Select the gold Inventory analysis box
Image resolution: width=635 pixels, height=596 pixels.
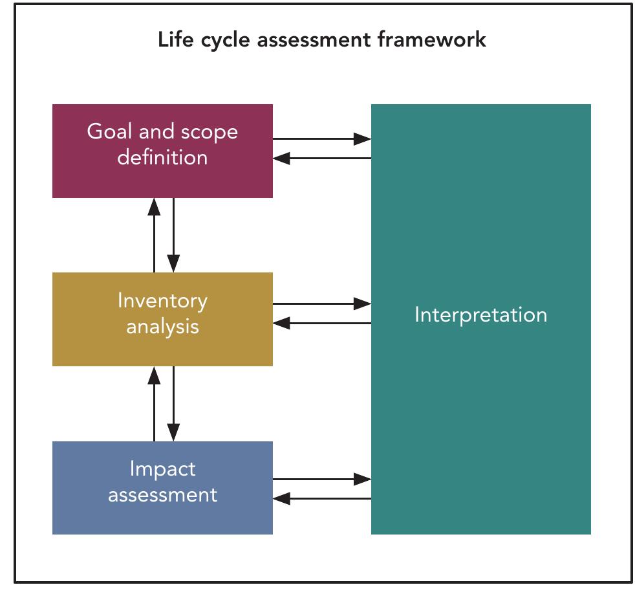(162, 349)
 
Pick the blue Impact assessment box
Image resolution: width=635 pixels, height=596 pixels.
(162, 518)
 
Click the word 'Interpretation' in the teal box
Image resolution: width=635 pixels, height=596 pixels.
(480, 315)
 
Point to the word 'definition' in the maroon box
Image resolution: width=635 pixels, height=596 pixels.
(162, 157)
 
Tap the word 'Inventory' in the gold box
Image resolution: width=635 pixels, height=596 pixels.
(162, 301)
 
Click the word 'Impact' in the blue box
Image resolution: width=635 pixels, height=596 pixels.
(162, 469)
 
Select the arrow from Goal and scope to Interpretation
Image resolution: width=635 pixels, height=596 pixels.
(321, 138)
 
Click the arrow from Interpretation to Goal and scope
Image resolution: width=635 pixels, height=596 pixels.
(321, 158)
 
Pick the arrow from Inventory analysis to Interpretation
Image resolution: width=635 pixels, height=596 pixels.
(321, 303)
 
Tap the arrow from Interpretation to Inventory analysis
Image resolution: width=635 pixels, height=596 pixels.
(321, 322)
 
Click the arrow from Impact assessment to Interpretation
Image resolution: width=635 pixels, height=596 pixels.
(321, 479)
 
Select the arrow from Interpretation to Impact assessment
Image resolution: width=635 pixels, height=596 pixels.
(321, 498)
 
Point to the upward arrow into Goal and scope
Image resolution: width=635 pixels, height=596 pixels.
(154, 235)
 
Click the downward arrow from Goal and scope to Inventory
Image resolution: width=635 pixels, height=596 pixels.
(173, 235)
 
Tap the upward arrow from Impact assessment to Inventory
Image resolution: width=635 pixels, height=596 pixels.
(154, 403)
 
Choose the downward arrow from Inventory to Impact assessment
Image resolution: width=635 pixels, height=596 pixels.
(173, 403)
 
